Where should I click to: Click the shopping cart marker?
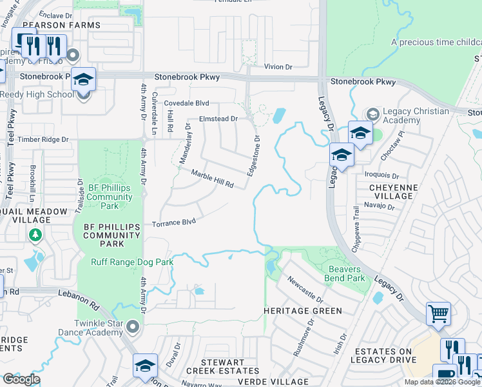[438, 313]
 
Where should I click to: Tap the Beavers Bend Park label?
[347, 273]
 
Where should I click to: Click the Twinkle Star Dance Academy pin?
[133, 327]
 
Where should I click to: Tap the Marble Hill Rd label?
[212, 179]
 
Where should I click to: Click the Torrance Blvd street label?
[173, 223]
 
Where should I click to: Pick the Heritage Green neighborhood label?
[303, 311]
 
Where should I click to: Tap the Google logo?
[21, 379]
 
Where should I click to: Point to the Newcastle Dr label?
[305, 290]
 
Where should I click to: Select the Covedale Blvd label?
[186, 103]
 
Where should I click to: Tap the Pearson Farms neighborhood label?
[69, 25]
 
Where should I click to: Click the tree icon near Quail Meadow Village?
[37, 236]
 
